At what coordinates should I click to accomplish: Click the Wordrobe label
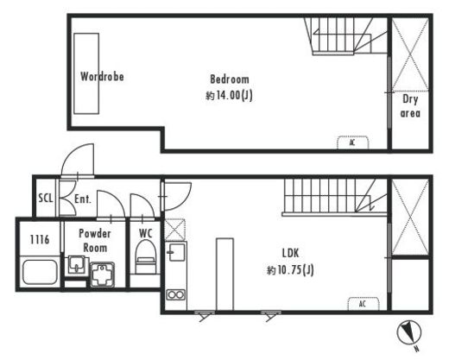click(102, 77)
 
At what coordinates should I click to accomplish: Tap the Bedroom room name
click(230, 79)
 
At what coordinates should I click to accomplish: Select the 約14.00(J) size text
click(229, 95)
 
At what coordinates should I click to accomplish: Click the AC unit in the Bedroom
click(353, 142)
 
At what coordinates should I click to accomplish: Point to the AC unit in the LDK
click(364, 304)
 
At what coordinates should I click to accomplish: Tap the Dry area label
click(410, 106)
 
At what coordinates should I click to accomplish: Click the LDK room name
click(290, 253)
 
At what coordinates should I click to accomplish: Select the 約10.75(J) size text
click(290, 270)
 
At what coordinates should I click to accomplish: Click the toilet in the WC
click(146, 257)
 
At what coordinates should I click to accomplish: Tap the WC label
click(146, 233)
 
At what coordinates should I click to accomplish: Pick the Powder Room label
click(95, 241)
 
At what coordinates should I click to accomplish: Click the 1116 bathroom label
click(40, 239)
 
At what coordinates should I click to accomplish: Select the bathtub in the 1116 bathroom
click(40, 272)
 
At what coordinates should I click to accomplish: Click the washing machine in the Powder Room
click(103, 275)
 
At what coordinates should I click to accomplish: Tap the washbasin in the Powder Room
click(76, 266)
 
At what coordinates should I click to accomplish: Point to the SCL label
click(46, 198)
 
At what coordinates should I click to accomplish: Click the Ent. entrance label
click(83, 199)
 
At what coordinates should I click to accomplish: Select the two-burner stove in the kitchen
click(175, 295)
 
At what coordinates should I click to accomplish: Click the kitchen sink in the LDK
click(176, 252)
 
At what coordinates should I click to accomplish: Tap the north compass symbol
click(409, 333)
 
